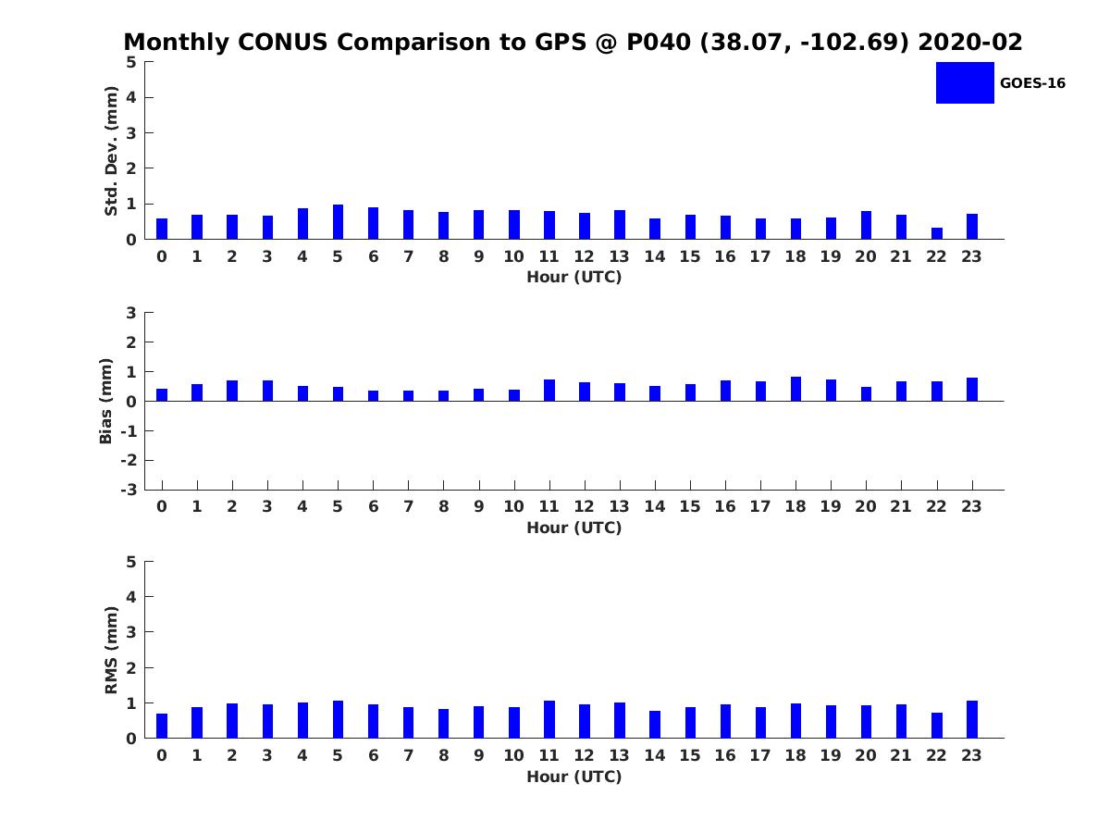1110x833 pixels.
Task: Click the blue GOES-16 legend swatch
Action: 964,82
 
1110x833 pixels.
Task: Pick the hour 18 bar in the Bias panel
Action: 795,389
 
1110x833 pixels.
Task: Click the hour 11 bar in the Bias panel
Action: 549,391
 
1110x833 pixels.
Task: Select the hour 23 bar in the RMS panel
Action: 972,719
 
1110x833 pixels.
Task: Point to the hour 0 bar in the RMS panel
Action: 162,726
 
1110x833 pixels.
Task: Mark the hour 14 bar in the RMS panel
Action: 655,725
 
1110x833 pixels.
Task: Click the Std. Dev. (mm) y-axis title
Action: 112,151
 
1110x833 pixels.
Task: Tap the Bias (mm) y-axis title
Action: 106,401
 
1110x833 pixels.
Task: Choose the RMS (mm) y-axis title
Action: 112,650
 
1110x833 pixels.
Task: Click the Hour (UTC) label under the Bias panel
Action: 573,528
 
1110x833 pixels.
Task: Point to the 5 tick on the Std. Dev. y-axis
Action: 132,62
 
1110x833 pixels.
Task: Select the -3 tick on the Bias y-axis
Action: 129,490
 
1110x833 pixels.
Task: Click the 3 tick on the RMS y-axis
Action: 132,632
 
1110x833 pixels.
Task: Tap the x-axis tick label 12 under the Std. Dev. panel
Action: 584,256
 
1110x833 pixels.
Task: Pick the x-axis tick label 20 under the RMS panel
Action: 865,755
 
